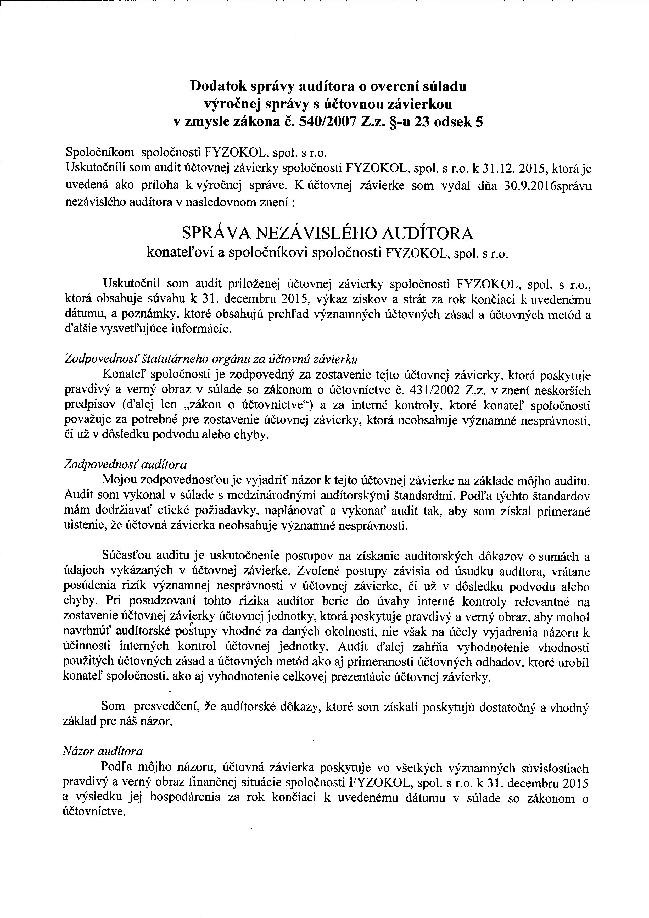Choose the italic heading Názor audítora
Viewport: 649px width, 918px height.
(x=103, y=752)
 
